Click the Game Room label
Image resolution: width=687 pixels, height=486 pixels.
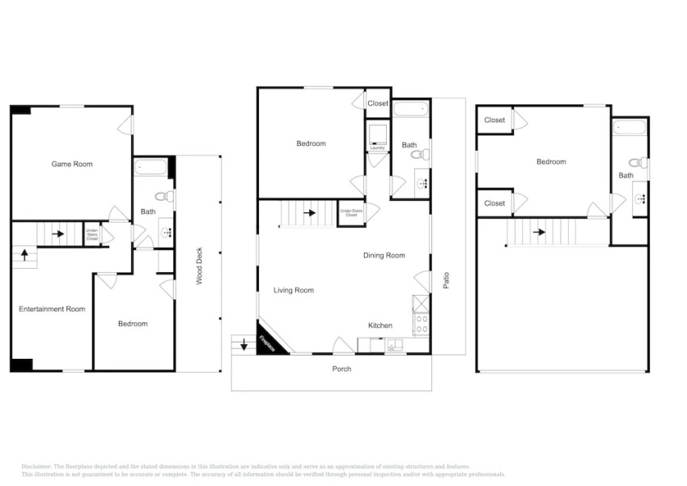coord(72,164)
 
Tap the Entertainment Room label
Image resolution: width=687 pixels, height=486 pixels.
coord(52,309)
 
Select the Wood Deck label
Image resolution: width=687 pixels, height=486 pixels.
coord(199,266)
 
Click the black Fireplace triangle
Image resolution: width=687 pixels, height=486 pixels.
coord(266,344)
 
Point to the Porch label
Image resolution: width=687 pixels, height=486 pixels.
coord(341,369)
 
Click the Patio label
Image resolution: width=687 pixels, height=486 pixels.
coord(446,279)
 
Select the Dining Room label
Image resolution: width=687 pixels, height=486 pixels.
coord(384,256)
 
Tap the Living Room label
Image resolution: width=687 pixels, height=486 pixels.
coord(293,290)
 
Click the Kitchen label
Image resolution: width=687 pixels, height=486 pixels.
coord(380,326)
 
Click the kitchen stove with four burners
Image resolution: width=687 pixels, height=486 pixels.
coord(421,324)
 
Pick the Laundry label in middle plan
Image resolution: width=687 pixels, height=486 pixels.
coord(377,148)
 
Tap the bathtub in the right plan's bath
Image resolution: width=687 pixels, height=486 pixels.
coord(630,127)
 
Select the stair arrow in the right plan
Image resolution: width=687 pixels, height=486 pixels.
coord(538,232)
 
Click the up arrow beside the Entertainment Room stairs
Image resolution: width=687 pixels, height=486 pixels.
coord(24,256)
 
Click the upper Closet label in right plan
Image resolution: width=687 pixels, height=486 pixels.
coord(494,121)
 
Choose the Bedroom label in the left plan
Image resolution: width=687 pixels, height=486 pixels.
coord(133,324)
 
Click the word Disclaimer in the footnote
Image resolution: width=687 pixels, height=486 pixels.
coord(36,467)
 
